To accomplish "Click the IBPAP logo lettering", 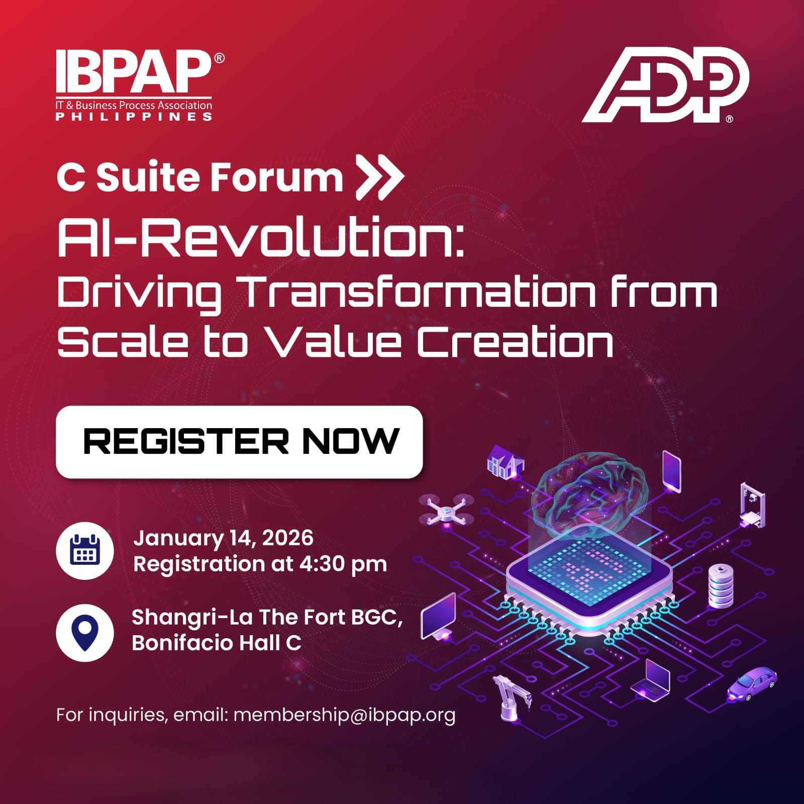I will click(x=133, y=71).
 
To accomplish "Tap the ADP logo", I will click(x=665, y=84).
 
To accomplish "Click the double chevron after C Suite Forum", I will click(x=379, y=177).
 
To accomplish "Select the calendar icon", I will click(x=85, y=551).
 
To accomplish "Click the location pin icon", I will click(x=85, y=632).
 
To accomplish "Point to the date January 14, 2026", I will click(x=223, y=538).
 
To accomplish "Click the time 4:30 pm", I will click(x=343, y=564).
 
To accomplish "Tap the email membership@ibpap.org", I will click(x=344, y=715).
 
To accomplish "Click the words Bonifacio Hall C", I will click(x=217, y=643).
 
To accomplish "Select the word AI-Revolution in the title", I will click(x=260, y=237).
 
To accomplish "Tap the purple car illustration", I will click(x=752, y=683).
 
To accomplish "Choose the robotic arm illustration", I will click(x=511, y=698).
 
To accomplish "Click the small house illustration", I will click(x=505, y=461).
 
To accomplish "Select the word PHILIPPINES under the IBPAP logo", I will click(x=134, y=117).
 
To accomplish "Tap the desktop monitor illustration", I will click(x=438, y=617).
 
